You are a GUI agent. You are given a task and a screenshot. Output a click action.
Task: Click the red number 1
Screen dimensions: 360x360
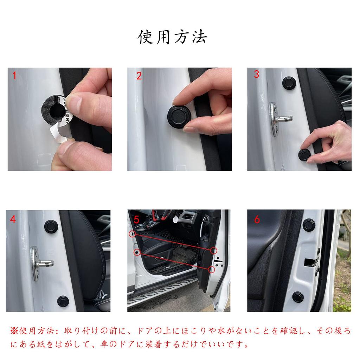[x=14, y=75]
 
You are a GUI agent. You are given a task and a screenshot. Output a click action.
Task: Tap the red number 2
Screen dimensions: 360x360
[x=139, y=76]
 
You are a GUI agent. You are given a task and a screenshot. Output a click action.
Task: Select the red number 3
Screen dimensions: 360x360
[x=256, y=75]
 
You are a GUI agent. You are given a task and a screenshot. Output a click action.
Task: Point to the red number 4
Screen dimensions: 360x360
[x=13, y=219]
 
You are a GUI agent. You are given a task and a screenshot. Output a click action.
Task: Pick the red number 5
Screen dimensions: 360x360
[x=136, y=219]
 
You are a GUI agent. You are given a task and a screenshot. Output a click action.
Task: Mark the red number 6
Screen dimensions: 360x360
[x=257, y=219]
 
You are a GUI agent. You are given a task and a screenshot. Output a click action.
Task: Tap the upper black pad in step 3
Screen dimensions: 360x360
[x=289, y=83]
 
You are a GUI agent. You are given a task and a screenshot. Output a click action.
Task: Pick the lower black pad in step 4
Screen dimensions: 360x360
[x=63, y=301]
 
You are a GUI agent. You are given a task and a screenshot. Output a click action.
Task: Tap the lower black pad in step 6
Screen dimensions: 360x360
[x=298, y=297]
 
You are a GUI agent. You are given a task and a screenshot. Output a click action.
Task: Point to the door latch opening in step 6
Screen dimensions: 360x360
[x=310, y=262]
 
